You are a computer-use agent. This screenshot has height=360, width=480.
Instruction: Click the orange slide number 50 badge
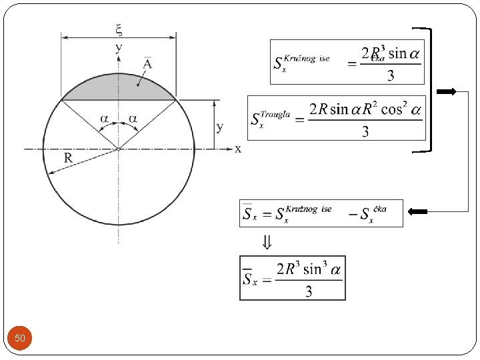pos(20,339)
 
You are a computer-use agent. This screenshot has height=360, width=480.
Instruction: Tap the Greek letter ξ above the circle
pos(119,29)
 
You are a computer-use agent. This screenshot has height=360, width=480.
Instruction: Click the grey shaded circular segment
pos(119,87)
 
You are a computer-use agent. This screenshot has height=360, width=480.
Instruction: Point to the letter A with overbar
pos(147,64)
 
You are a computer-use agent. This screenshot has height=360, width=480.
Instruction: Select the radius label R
pos(69,158)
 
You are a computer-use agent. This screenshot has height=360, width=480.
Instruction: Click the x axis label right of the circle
pos(238,149)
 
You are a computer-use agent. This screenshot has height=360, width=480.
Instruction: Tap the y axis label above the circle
pos(119,47)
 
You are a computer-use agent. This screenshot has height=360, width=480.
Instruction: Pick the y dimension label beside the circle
pos(219,127)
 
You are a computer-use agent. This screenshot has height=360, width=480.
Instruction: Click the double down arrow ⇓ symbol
pos(265,243)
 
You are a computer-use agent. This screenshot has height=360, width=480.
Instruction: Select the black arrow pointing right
pos(446,92)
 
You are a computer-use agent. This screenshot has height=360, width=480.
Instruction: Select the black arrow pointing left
pos(418,212)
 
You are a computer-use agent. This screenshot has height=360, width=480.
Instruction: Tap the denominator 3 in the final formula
pos(309,291)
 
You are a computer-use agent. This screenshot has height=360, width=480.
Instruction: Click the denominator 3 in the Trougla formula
pos(365,131)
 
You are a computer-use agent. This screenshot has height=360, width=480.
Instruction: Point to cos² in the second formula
pos(393,109)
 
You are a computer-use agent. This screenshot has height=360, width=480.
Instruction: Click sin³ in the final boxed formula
pos(311,269)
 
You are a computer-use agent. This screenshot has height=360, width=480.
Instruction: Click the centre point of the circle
pos(119,149)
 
